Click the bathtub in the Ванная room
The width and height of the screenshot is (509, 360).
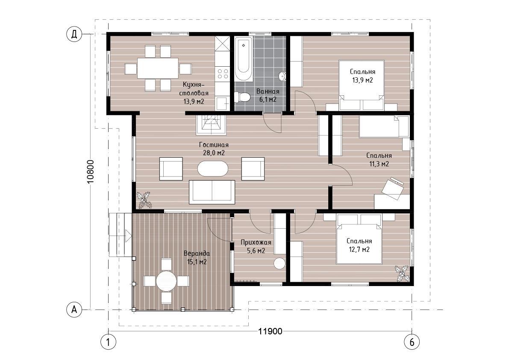pyautogui.click(x=244, y=59)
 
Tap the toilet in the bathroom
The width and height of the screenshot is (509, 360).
pyautogui.click(x=242, y=97)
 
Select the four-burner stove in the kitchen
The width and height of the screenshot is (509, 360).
pyautogui.click(x=222, y=73)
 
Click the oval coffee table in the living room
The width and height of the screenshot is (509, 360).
pyautogui.click(x=213, y=168)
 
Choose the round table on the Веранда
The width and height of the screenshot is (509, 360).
pyautogui.click(x=166, y=281)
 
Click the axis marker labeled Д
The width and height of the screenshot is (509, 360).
pyautogui.click(x=74, y=34)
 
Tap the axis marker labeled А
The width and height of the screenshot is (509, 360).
pyautogui.click(x=74, y=310)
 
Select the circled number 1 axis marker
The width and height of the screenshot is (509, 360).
pyautogui.click(x=108, y=342)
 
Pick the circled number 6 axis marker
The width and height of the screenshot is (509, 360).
pyautogui.click(x=412, y=342)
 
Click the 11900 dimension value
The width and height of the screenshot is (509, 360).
pyautogui.click(x=271, y=331)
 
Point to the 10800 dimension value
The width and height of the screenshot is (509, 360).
pyautogui.click(x=91, y=171)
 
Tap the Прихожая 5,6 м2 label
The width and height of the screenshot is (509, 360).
pyautogui.click(x=256, y=246)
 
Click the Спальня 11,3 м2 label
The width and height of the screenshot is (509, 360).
pyautogui.click(x=379, y=160)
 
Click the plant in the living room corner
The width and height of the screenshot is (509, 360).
pyautogui.click(x=144, y=200)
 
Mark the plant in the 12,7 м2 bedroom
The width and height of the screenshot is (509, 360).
pyautogui.click(x=403, y=273)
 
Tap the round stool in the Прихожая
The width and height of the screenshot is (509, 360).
pyautogui.click(x=279, y=263)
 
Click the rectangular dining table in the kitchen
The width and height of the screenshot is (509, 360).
pyautogui.click(x=158, y=68)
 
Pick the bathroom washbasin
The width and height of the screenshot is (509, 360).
pyautogui.click(x=282, y=76)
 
